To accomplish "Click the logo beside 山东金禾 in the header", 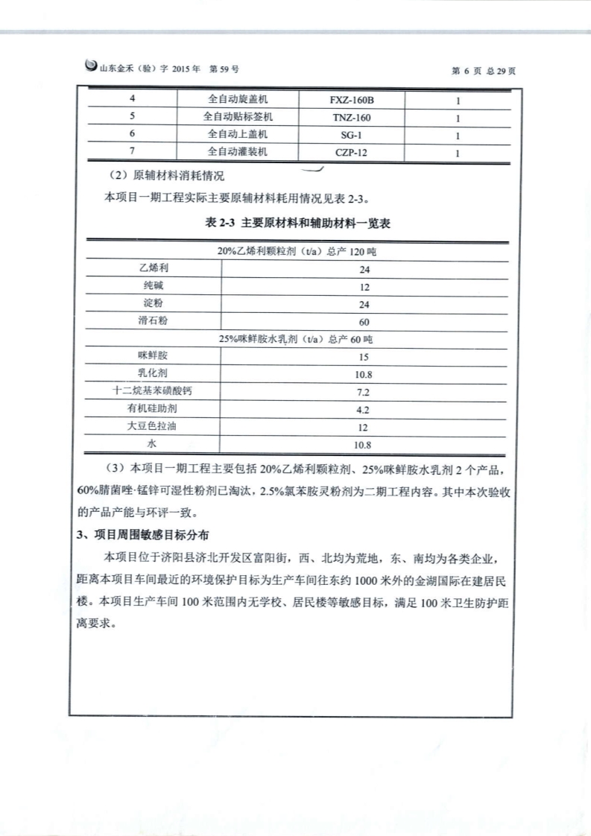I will [91, 66].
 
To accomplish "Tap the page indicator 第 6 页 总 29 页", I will [484, 71].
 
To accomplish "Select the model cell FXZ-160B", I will [352, 99].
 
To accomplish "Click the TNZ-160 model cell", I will [352, 117].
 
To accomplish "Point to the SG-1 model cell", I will [352, 135].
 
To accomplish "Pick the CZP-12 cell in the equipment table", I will [352, 153].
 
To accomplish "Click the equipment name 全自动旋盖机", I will [237, 99].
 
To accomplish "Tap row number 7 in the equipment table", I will [132, 153].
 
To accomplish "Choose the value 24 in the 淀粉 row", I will [364, 305].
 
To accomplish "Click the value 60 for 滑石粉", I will [364, 323].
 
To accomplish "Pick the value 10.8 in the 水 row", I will [364, 446].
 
